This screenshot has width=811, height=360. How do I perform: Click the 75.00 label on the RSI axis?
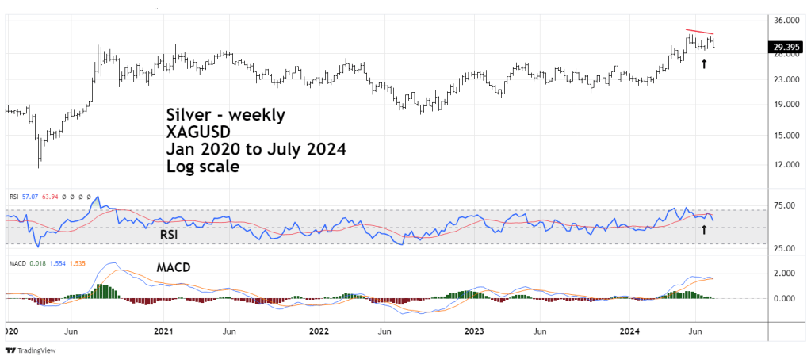point(784,206)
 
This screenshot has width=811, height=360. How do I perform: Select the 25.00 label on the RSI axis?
point(784,249)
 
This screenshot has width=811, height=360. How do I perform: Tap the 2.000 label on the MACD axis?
point(784,274)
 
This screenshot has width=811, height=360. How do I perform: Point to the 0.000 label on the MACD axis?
point(784,299)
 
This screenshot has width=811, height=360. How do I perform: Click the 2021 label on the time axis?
point(163,329)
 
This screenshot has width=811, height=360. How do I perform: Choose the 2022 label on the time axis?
point(318,329)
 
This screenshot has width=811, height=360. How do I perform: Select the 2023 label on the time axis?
point(473,329)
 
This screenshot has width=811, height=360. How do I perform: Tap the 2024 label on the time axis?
point(629,329)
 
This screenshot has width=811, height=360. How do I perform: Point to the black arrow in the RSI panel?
point(704,229)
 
